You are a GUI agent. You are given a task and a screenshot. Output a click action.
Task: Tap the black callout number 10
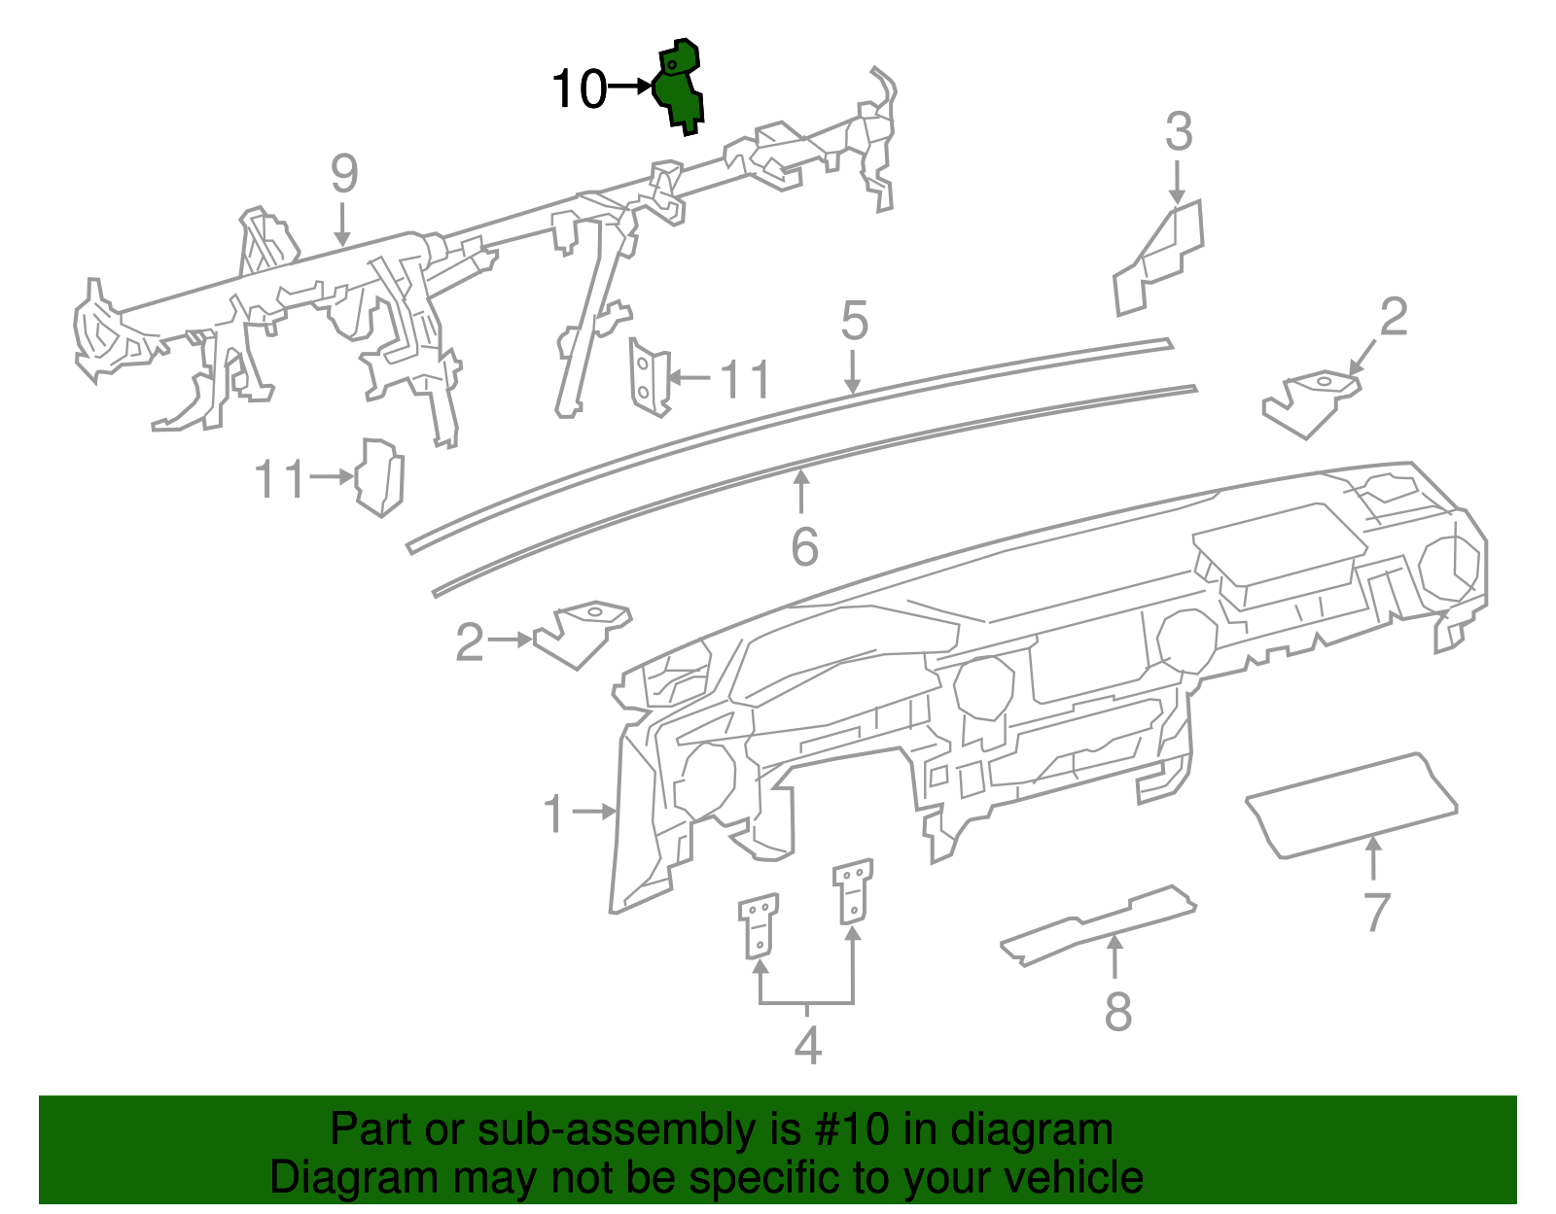pos(580,90)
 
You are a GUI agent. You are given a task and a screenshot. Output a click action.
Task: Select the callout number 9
pos(344,174)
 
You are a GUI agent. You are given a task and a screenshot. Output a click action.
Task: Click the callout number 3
pos(1179,132)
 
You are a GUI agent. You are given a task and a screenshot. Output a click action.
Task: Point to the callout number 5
pos(854,321)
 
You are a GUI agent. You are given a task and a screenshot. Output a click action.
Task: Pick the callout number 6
pos(804,547)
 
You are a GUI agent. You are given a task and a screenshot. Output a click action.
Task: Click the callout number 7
pos(1375,912)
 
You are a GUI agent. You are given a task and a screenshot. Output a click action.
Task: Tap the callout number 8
pos(1118,1012)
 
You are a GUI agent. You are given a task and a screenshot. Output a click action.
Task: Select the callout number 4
pos(807,1046)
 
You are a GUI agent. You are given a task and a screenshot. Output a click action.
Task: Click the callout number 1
pos(553,814)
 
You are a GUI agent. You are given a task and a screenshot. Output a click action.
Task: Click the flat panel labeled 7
pos(1352,805)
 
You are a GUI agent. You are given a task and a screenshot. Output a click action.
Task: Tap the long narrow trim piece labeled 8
pos(1099,923)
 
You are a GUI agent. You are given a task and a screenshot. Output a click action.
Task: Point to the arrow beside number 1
pos(594,811)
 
